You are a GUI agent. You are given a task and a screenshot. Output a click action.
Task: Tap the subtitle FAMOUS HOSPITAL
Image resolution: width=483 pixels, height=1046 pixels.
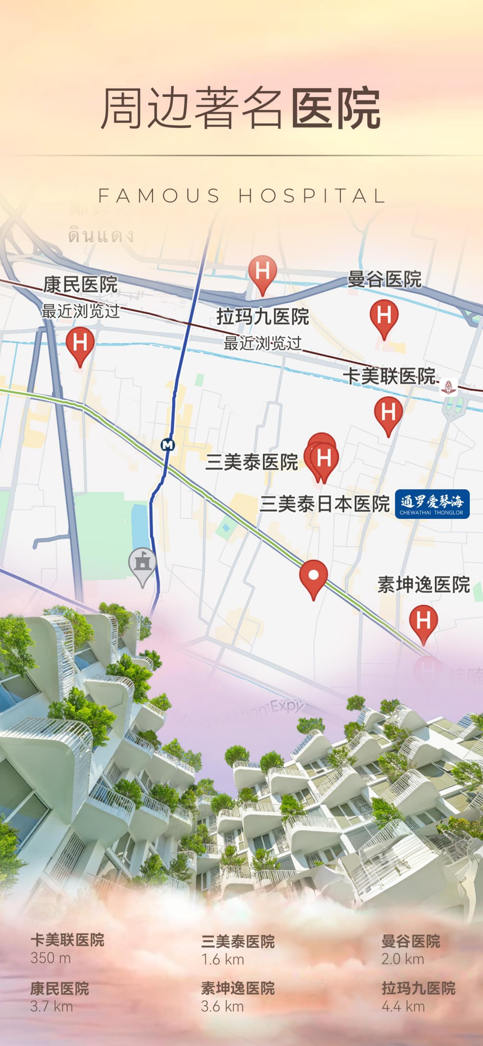(241, 196)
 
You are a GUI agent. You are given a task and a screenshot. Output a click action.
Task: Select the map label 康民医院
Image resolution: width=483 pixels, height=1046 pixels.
(80, 284)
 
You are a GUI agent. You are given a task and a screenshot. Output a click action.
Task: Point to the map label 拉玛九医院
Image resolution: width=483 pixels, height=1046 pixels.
(262, 317)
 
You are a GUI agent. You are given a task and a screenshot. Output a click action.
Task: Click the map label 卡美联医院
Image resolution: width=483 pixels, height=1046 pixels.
(389, 376)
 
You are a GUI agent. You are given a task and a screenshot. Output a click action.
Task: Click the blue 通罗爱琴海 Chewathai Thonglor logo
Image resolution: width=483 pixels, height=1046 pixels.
(432, 504)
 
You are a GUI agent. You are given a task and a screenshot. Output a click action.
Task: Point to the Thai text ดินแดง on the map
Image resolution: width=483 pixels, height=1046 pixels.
(101, 236)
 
